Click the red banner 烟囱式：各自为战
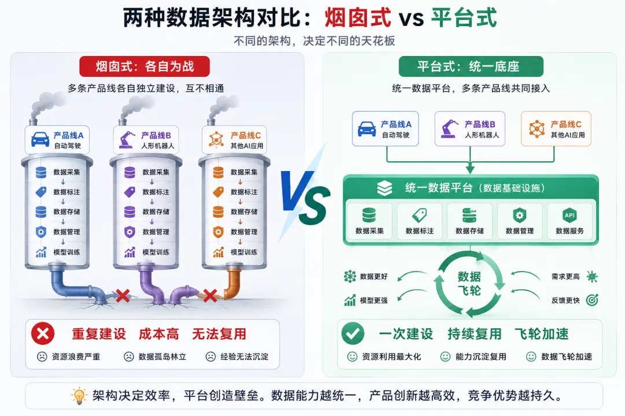[144, 66]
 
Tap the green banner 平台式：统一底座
[470, 66]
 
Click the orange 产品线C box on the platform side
[556, 129]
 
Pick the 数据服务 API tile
[569, 221]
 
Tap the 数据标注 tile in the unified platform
[420, 221]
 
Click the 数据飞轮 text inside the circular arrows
[469, 283]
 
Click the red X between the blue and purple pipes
[123, 296]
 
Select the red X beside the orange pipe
[210, 296]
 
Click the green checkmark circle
[353, 333]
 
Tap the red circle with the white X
[43, 333]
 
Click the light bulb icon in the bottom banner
[79, 395]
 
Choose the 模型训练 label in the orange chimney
[244, 252]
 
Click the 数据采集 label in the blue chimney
[67, 172]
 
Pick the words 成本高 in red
[159, 333]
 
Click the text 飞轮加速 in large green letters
[542, 333]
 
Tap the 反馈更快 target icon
[593, 300]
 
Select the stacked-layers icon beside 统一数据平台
[385, 188]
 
